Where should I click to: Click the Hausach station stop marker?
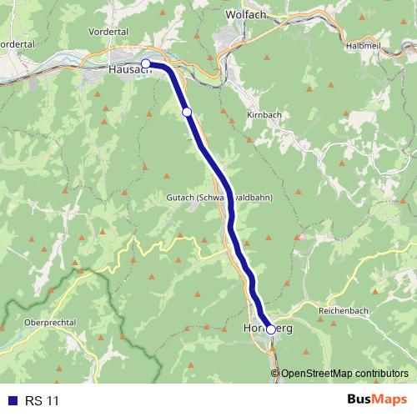[146, 63]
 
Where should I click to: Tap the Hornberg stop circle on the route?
[270, 329]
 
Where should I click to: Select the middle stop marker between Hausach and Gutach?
[187, 112]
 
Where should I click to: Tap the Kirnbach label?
[264, 113]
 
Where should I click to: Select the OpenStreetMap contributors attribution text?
[344, 373]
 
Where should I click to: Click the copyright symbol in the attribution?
[276, 373]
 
